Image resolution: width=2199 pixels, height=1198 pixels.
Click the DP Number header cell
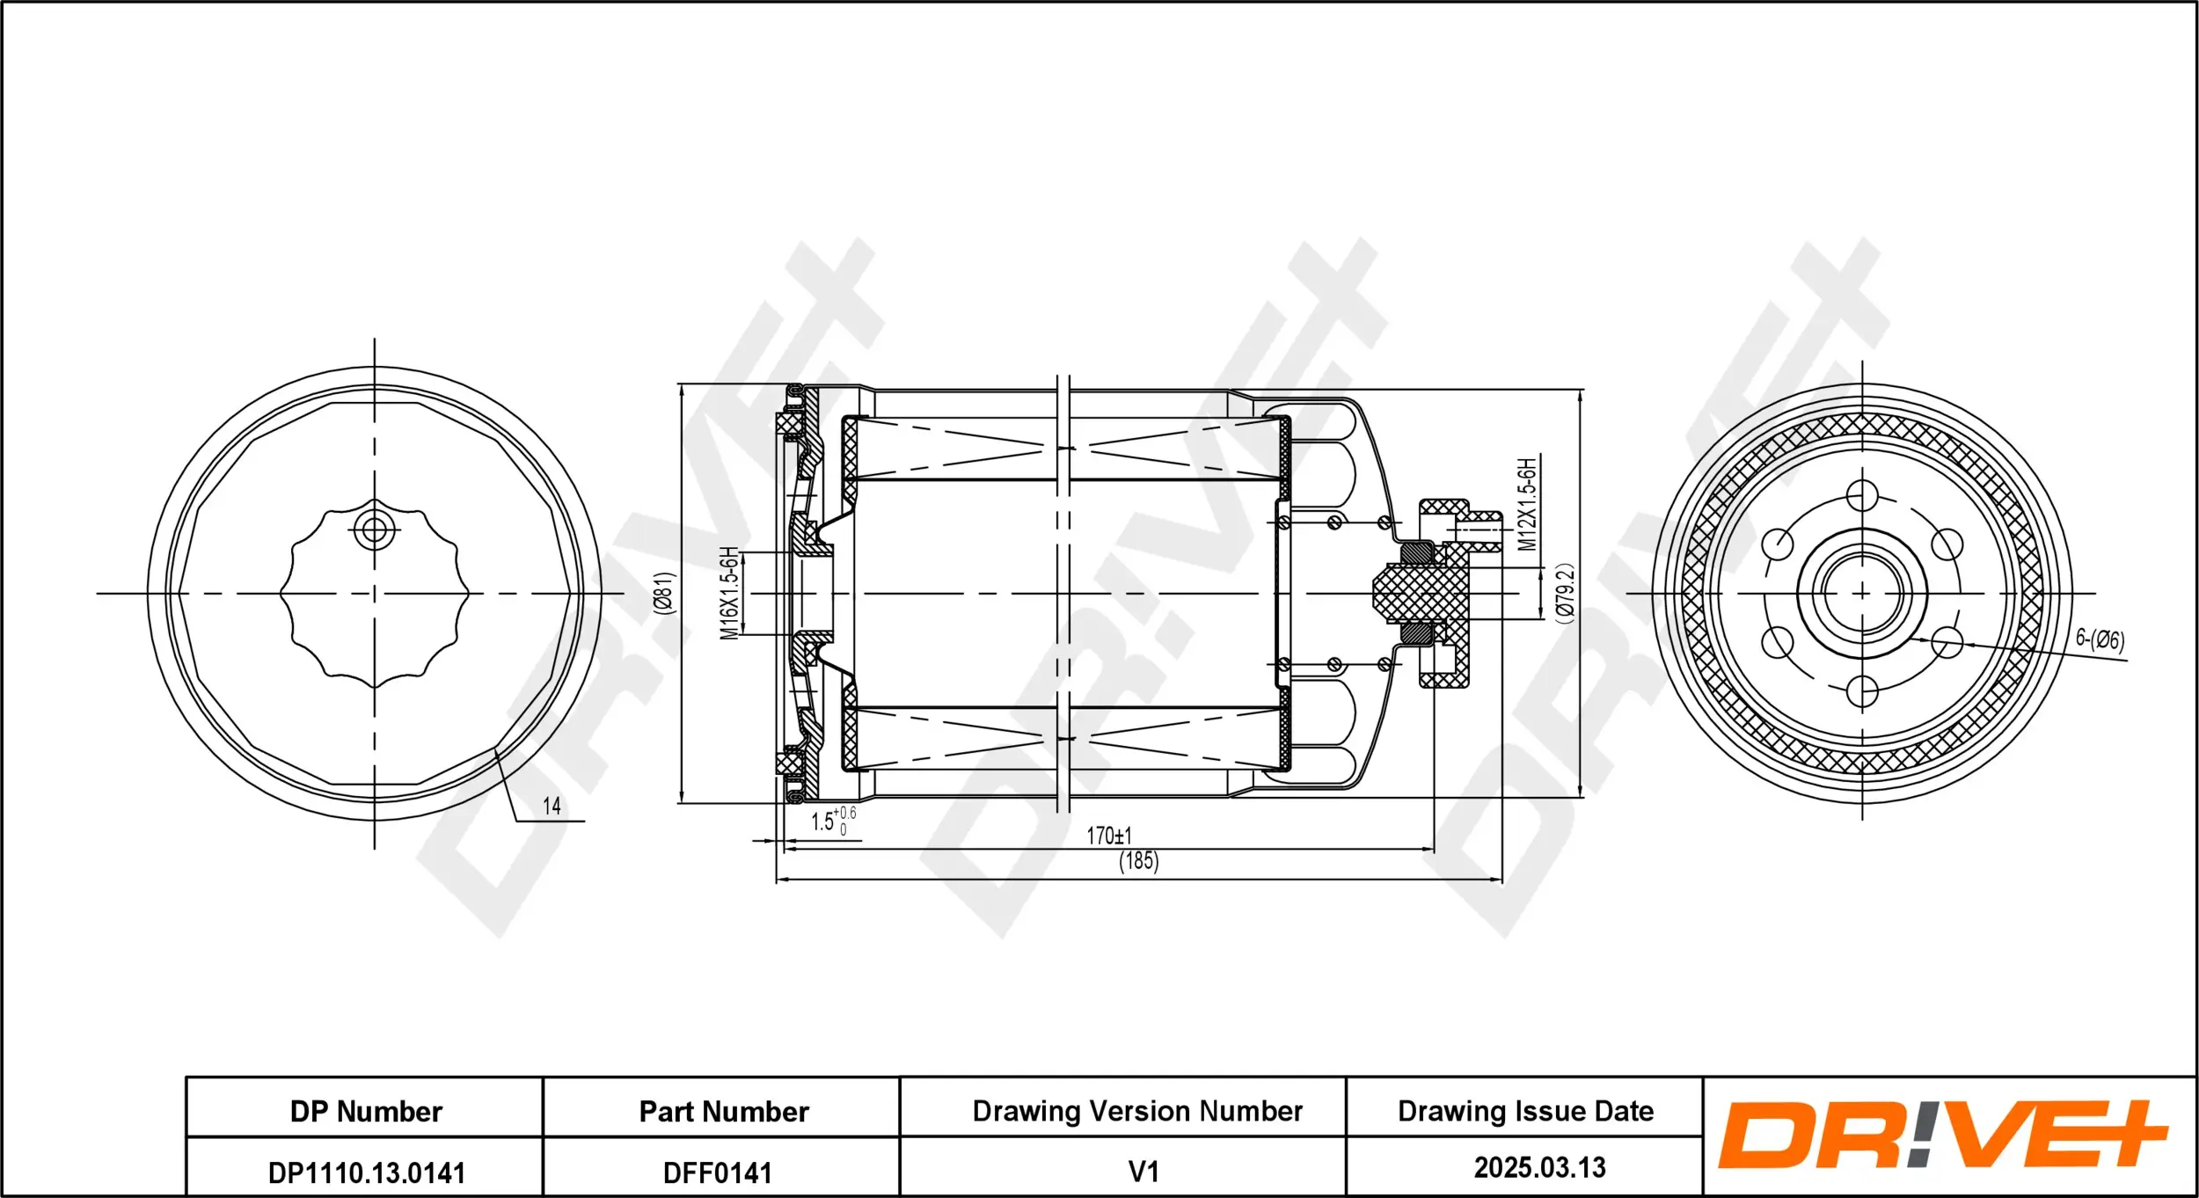pyautogui.click(x=366, y=1112)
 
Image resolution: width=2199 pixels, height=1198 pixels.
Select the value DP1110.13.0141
pyautogui.click(x=366, y=1172)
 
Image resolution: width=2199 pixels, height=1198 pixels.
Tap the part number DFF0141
pyautogui.click(x=718, y=1172)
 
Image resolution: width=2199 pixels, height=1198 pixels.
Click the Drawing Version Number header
pyautogui.click(x=1137, y=1112)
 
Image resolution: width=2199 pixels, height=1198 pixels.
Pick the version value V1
pyautogui.click(x=1143, y=1172)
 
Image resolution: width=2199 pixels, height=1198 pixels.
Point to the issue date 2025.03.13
pyautogui.click(x=1539, y=1168)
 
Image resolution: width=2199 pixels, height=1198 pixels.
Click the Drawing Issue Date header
pyautogui.click(x=1525, y=1112)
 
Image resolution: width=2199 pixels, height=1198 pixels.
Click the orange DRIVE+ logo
pyautogui.click(x=1942, y=1136)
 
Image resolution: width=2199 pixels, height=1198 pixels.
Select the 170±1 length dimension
pyautogui.click(x=1109, y=836)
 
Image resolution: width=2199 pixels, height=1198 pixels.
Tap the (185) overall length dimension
pyautogui.click(x=1138, y=861)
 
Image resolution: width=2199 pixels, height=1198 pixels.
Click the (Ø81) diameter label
pyautogui.click(x=664, y=593)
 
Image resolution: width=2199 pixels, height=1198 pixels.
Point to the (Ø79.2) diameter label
pyautogui.click(x=1564, y=594)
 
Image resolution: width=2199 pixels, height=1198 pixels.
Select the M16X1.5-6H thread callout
pyautogui.click(x=729, y=593)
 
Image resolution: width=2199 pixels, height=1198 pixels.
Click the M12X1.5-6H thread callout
pyautogui.click(x=1528, y=504)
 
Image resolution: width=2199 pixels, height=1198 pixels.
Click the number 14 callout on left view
pyautogui.click(x=552, y=806)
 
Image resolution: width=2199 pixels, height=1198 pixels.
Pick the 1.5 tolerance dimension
pyautogui.click(x=831, y=821)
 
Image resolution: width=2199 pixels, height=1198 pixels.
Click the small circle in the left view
pyautogui.click(x=375, y=530)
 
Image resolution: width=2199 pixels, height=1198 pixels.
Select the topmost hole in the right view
pyautogui.click(x=1861, y=496)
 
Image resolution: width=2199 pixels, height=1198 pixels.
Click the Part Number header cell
pyautogui.click(x=723, y=1112)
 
